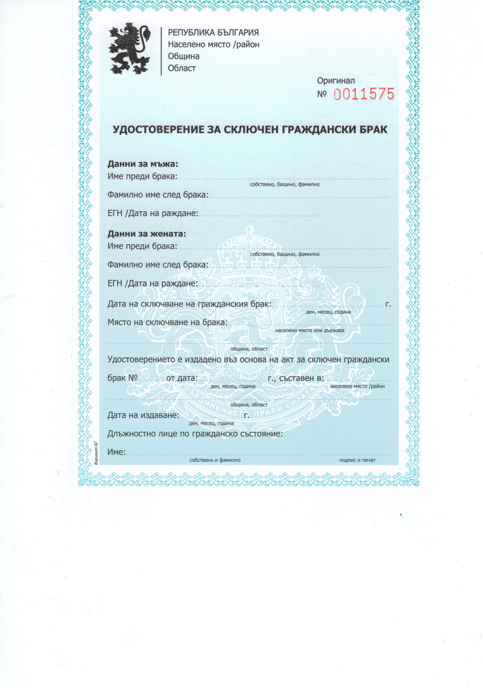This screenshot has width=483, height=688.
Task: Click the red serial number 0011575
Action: pos(364,94)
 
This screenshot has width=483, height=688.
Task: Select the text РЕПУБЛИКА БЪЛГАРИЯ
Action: pos(213,32)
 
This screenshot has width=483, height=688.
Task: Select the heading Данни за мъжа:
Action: pos(143,164)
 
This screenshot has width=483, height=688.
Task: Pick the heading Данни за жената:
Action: pos(147,234)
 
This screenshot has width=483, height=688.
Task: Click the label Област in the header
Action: pos(182,68)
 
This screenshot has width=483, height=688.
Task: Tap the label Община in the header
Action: pos(184,56)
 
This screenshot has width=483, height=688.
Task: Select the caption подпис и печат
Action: pos(357,460)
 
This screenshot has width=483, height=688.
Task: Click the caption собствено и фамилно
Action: pos(215,460)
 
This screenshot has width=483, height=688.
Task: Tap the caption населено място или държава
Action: pos(310,330)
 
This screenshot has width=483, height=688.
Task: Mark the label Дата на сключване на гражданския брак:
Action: pos(189,304)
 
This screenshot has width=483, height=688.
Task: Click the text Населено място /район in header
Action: pos(214,44)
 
